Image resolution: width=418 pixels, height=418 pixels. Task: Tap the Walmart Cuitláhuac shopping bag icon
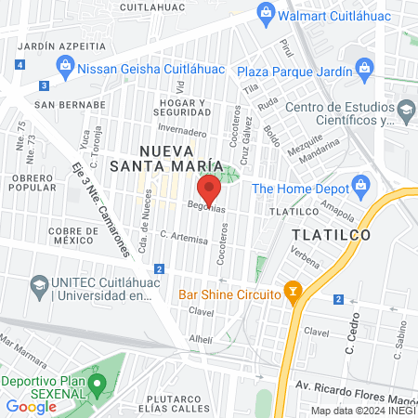click(267, 13)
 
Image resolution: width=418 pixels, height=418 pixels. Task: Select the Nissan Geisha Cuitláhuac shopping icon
click(64, 67)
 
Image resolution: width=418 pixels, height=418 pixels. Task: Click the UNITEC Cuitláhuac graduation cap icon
click(39, 281)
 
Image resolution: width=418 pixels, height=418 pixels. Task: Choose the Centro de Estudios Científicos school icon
click(406, 111)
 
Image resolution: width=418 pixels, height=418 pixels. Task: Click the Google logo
click(31, 406)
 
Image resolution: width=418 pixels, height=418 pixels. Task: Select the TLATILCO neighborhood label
click(331, 234)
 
